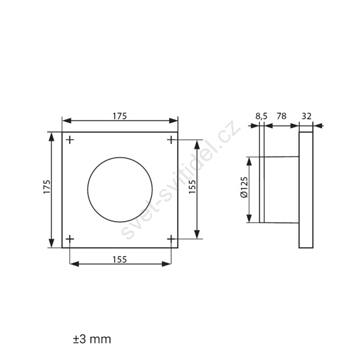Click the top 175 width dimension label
[120, 116]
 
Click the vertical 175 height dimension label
[47, 187]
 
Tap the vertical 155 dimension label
[192, 187]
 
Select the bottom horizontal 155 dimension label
[120, 260]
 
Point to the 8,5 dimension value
[261, 117]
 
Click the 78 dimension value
[282, 116]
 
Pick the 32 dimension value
[306, 116]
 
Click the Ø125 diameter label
[244, 187]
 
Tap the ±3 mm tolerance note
[92, 339]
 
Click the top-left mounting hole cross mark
[70, 140]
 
